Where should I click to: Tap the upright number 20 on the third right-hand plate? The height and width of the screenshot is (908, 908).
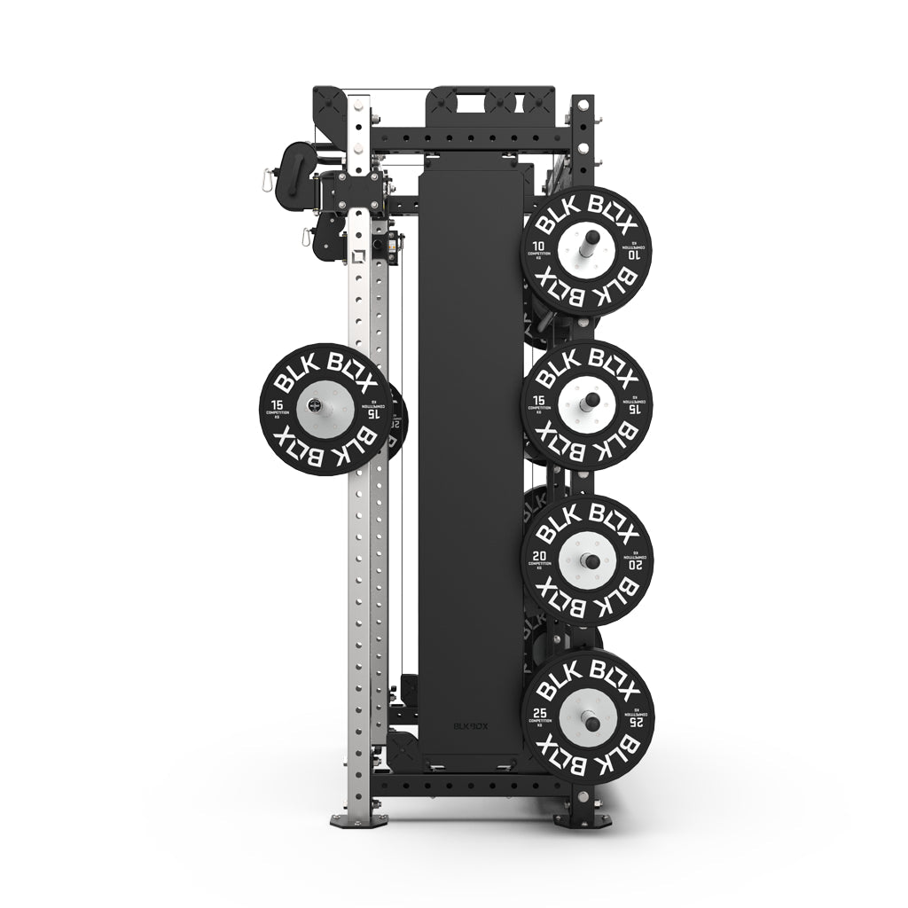click(538, 558)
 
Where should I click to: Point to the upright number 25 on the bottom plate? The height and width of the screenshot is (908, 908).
click(539, 712)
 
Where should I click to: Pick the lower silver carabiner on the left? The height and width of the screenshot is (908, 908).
click(306, 238)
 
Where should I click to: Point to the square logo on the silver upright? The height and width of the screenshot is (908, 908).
click(358, 257)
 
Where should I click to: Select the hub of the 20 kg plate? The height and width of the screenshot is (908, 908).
click(587, 560)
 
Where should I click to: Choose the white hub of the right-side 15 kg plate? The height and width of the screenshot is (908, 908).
click(587, 403)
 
